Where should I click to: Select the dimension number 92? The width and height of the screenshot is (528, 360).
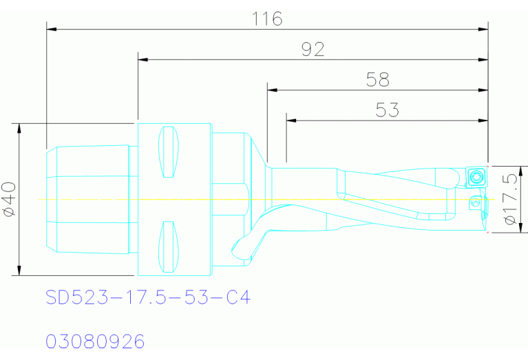point(313,49)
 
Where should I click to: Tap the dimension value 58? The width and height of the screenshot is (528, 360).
point(377,80)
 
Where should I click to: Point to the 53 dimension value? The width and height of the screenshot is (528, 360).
point(388,110)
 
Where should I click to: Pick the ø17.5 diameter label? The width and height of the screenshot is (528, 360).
point(511,200)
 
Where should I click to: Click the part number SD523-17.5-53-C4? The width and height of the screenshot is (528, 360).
point(148,297)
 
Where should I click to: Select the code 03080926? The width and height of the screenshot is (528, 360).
point(95,341)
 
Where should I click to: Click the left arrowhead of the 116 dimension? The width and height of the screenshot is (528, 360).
point(51,29)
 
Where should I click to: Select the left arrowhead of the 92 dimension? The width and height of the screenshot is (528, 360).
point(143,59)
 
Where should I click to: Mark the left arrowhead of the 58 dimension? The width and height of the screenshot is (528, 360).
point(273,90)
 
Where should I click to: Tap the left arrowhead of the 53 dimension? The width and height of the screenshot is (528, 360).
point(291,120)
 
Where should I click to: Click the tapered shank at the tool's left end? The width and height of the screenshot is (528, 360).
point(86,200)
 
